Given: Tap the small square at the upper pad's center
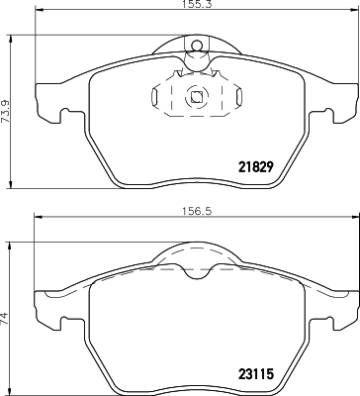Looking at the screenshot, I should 196,97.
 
